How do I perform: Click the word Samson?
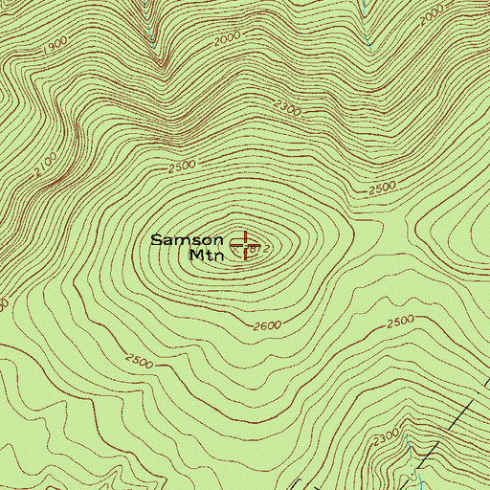pyautogui.click(x=188, y=240)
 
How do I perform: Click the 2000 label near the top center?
pyautogui.click(x=228, y=36)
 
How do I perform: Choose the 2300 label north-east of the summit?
pyautogui.click(x=287, y=113)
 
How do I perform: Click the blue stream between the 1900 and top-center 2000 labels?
pyautogui.click(x=154, y=29)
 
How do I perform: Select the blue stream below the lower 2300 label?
pyautogui.click(x=412, y=459)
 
